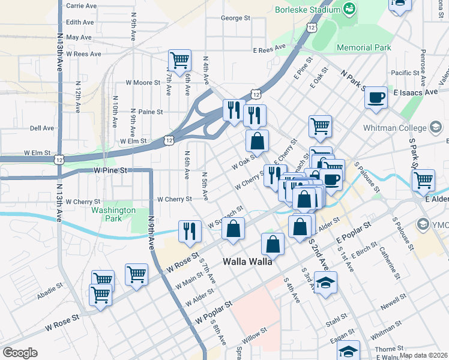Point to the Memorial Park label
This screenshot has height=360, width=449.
[x=364, y=47]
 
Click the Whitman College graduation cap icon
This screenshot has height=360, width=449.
[x=436, y=128]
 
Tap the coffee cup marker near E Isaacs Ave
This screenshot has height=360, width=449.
[x=376, y=97]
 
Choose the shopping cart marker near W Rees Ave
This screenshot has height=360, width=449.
[x=179, y=60]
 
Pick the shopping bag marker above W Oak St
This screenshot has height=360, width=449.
[x=257, y=142]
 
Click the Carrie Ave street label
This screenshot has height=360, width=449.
[x=82, y=5]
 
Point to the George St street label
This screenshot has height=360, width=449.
[x=235, y=18]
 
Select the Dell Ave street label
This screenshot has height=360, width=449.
[x=42, y=128]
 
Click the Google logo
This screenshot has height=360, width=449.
[x=20, y=353]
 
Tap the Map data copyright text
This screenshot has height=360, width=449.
[x=423, y=355]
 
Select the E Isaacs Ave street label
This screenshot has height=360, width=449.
[x=416, y=92]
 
